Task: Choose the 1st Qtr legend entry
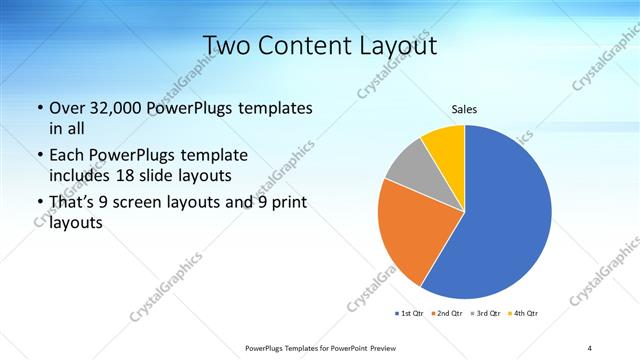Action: [410, 314]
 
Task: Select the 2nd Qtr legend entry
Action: [445, 314]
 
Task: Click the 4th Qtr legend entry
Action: [523, 314]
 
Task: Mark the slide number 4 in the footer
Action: [589, 347]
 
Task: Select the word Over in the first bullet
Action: [66, 108]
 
